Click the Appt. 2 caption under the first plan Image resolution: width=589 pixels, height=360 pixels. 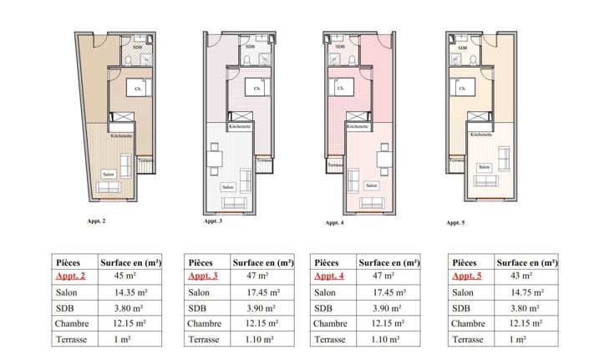pyautogui.click(x=95, y=221)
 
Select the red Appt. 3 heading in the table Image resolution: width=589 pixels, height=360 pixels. pyautogui.click(x=203, y=276)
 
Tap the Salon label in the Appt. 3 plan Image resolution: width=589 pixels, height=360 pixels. pyautogui.click(x=227, y=187)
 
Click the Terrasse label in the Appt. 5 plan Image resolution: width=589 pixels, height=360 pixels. pyautogui.click(x=457, y=160)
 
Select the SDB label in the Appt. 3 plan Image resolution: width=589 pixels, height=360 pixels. pyautogui.click(x=249, y=47)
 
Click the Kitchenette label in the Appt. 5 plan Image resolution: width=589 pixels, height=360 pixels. pyautogui.click(x=480, y=134)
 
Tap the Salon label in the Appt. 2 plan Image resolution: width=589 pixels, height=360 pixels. pyautogui.click(x=107, y=174)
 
